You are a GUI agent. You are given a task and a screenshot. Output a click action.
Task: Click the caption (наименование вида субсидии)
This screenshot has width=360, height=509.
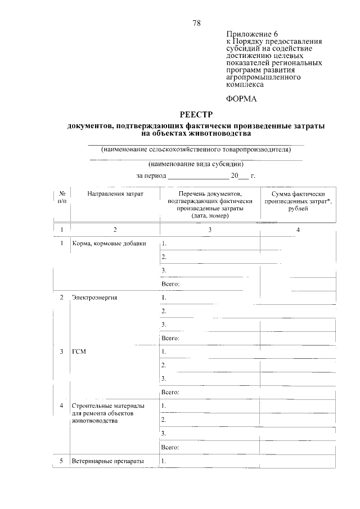click(x=196, y=164)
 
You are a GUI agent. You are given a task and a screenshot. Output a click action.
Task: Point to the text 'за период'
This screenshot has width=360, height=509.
click(x=151, y=175)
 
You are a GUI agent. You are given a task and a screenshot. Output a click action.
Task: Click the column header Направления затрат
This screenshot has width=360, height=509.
click(x=115, y=194)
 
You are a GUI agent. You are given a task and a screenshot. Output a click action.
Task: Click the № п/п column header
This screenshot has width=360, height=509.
click(x=62, y=197)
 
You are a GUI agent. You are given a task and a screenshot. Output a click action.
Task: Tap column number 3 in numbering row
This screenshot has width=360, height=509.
click(x=210, y=229)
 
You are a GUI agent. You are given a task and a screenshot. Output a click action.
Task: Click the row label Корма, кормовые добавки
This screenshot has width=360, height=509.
click(x=109, y=244)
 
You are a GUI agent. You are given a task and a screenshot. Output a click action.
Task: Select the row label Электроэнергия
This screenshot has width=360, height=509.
click(x=94, y=297)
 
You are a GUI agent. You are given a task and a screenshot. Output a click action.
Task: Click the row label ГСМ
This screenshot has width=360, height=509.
click(x=79, y=352)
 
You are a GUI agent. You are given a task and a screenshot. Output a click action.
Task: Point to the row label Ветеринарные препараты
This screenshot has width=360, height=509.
click(x=108, y=461)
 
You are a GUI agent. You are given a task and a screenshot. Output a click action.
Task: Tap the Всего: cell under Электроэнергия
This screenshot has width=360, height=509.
click(x=170, y=338)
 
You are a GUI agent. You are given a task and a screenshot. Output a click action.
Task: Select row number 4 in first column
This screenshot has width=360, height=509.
click(x=61, y=406)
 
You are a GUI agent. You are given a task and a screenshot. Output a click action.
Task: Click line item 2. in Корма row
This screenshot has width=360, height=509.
click(x=164, y=257)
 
